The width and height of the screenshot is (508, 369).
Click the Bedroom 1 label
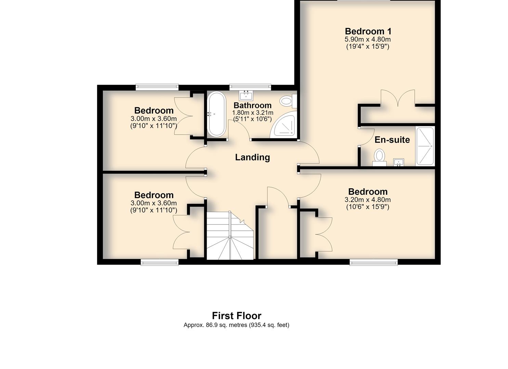pos(368,31)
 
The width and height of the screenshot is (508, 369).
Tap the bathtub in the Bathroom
pos(216,114)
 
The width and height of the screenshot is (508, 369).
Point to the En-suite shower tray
pos(425,146)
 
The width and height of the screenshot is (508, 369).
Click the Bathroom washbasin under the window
pos(246,96)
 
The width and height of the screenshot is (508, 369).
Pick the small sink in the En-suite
pos(399,162)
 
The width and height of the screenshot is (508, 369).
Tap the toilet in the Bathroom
pos(288,101)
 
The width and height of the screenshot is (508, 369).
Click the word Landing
pos(252,157)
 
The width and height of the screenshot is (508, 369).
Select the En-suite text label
pos(392,140)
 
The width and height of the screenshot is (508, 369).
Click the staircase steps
pos(230,236)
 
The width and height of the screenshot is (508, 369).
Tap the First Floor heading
pos(236,316)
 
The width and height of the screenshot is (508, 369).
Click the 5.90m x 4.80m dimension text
pos(368,39)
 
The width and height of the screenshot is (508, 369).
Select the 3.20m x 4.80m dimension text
pos(368,200)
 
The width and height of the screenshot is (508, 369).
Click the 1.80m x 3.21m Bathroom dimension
pos(253,113)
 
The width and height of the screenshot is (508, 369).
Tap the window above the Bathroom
pos(250,87)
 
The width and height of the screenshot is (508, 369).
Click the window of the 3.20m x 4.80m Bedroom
pos(374,262)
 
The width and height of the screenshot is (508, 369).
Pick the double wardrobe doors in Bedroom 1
pos(398,98)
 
